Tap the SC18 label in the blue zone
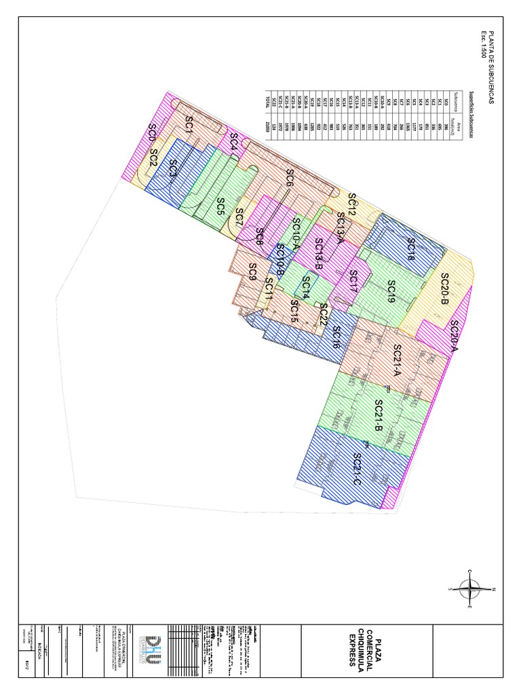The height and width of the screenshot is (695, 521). coord(411,249)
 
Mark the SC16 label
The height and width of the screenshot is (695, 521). coord(335,337)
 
